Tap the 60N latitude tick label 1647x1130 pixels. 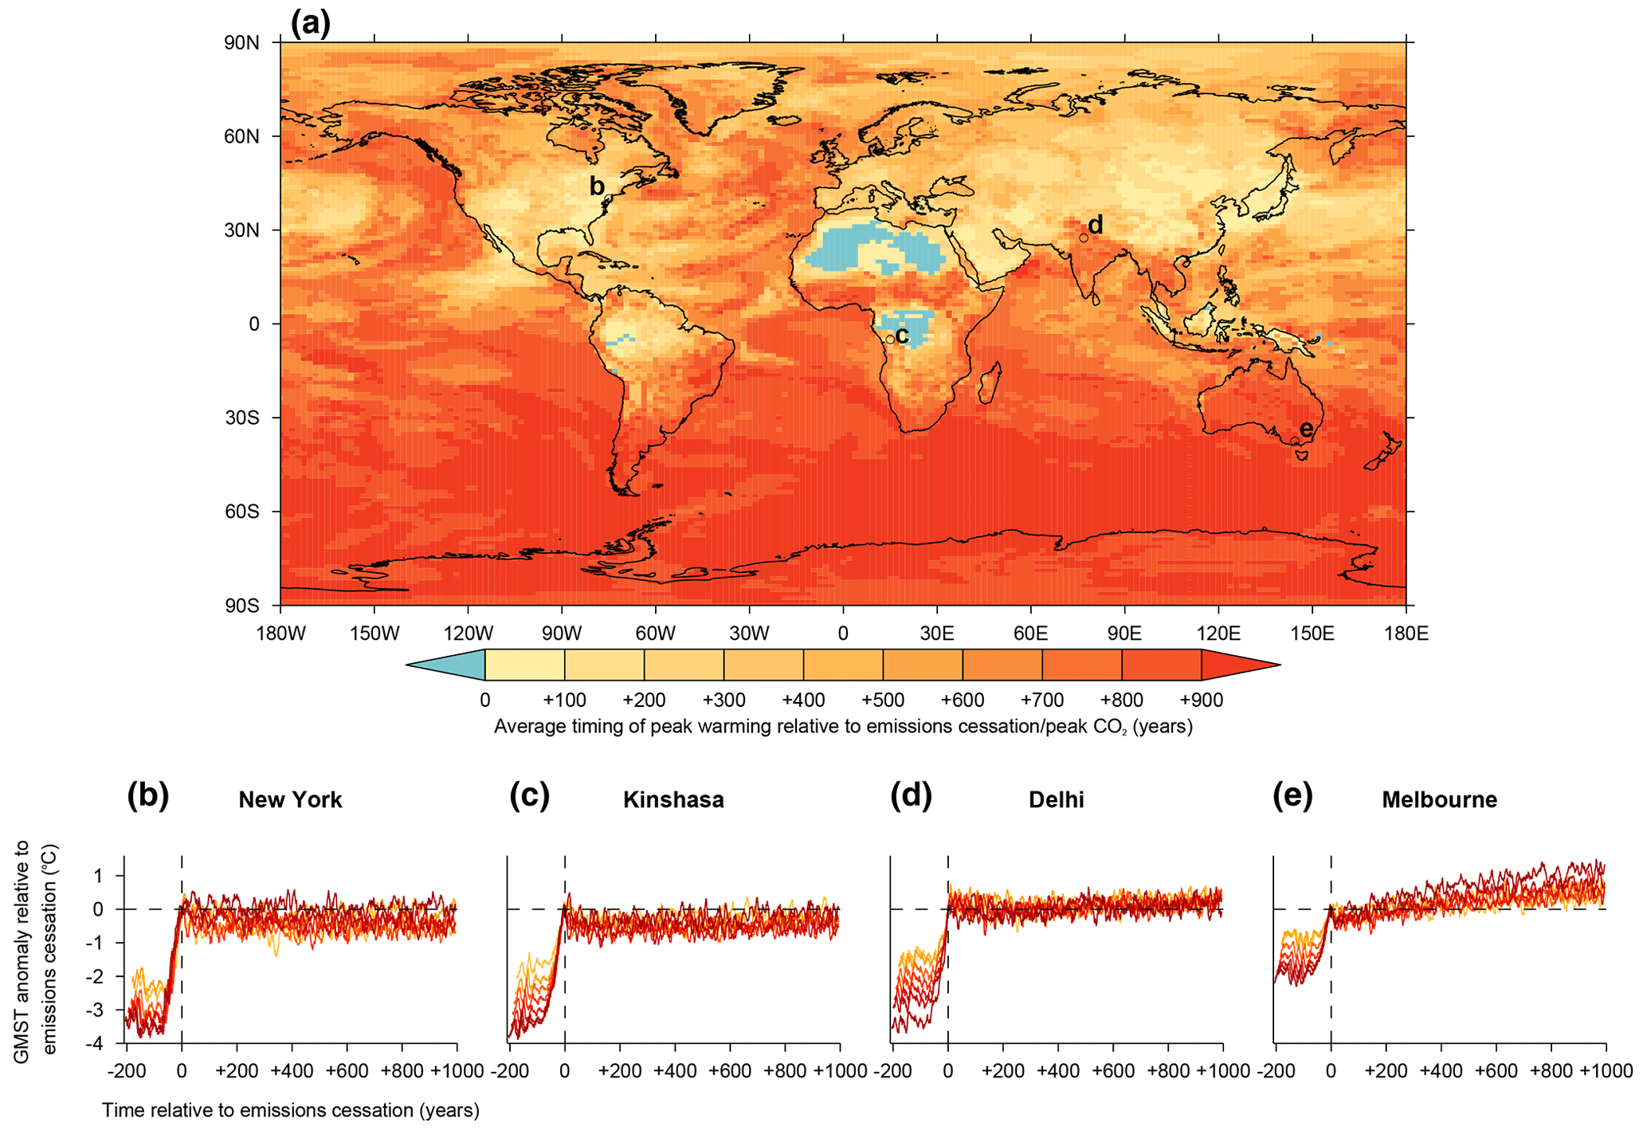pos(241,136)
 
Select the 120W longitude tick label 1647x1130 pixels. pos(468,634)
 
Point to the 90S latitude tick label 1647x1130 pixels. pos(241,606)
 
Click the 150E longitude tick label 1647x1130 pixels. pos(1312,634)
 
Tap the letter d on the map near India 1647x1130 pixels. pos(1096,225)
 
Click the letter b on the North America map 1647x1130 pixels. pos(596,186)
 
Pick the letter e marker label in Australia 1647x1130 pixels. pos(1306,428)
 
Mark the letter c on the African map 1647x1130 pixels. pos(902,335)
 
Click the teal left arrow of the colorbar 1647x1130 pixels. pos(454,665)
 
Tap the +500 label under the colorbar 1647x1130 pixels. pos(882,700)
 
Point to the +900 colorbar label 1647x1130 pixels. pos(1201,700)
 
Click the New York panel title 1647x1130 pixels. pos(290,799)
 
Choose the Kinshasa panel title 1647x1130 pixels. pos(673,799)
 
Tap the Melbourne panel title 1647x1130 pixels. pos(1439,799)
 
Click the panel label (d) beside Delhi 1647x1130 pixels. pos(911,796)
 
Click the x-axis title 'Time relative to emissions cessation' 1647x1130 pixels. pos(291,1110)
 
